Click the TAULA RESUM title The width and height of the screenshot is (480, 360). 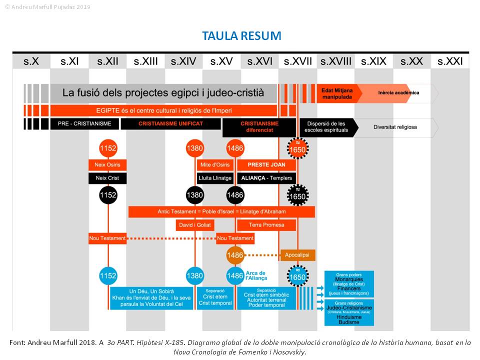pos(241,36)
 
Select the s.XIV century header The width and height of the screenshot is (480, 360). pos(183,61)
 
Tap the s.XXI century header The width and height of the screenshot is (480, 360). pos(450,61)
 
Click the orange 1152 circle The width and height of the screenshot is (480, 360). pos(108,148)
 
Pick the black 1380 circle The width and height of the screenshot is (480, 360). pos(195,195)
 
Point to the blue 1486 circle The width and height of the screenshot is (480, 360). pos(235,275)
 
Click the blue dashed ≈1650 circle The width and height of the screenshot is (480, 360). pos(297,275)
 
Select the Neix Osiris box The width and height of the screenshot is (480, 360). pos(107,165)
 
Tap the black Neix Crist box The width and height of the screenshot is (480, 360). pos(107,178)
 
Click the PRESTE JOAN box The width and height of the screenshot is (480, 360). pos(266,165)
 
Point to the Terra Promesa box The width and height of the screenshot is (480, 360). pos(266,225)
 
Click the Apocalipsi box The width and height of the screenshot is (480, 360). pos(297,255)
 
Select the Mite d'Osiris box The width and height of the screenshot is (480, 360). pos(215,165)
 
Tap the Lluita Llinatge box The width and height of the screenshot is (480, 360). pos(215,178)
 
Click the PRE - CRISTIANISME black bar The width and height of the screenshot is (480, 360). pos(84,123)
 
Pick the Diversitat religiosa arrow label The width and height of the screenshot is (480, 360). pos(395,127)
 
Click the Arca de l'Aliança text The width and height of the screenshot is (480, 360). pos(256,275)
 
